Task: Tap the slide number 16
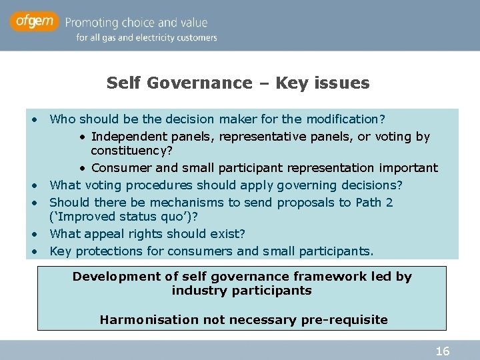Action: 442,351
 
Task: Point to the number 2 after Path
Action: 389,202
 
